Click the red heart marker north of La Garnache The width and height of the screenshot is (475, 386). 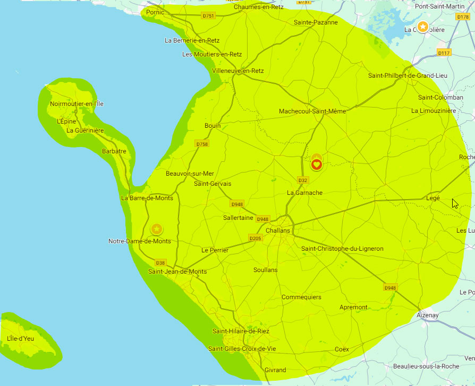(x=316, y=165)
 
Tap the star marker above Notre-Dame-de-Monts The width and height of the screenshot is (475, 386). (x=157, y=229)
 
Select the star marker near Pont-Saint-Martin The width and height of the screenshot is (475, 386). (x=422, y=26)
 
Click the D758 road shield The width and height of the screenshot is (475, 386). (x=202, y=144)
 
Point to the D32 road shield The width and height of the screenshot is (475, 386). (x=303, y=180)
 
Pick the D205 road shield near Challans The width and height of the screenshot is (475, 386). (x=255, y=238)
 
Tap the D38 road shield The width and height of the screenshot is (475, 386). (x=160, y=262)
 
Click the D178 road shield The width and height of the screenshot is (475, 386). (x=463, y=17)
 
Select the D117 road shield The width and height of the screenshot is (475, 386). (x=444, y=53)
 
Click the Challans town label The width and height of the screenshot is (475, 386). (x=278, y=231)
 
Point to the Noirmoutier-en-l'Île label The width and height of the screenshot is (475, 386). (x=77, y=104)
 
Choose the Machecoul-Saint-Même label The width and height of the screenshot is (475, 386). (x=312, y=111)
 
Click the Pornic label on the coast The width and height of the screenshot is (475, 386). (x=155, y=12)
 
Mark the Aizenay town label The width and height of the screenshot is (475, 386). (x=428, y=315)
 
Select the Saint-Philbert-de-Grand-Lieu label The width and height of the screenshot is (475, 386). (x=408, y=76)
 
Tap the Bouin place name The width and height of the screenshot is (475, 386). (x=213, y=126)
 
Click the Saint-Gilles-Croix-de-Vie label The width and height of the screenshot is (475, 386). (x=242, y=349)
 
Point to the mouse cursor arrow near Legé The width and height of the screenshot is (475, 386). (x=454, y=203)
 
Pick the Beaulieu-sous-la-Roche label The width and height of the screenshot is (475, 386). (x=426, y=366)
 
